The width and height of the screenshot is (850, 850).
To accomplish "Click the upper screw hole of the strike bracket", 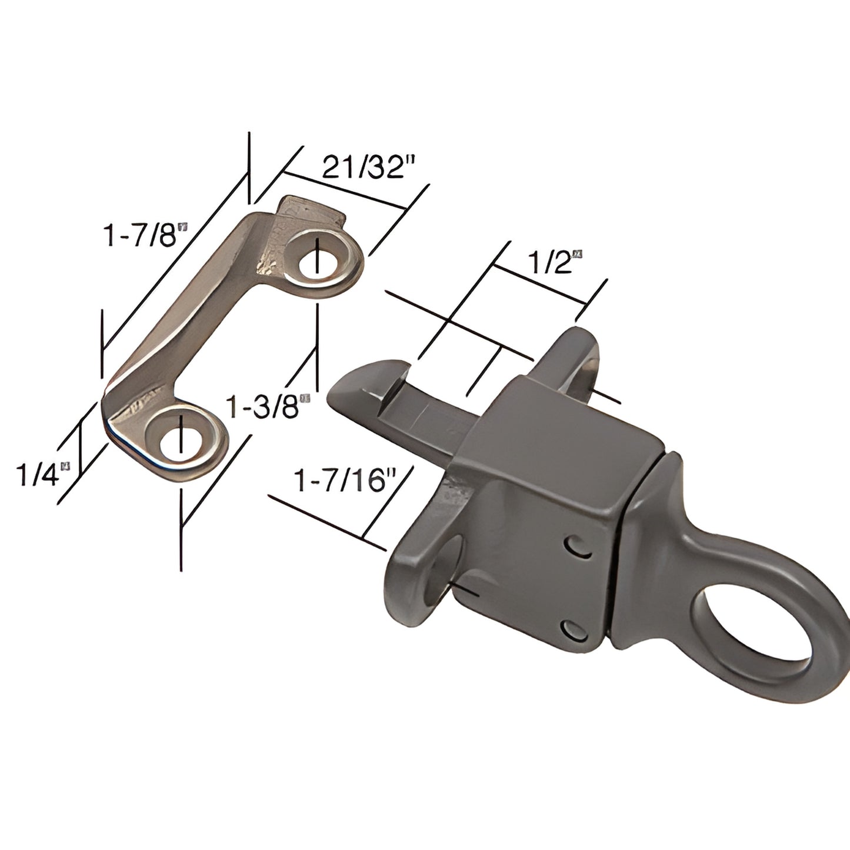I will click(x=320, y=263).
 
